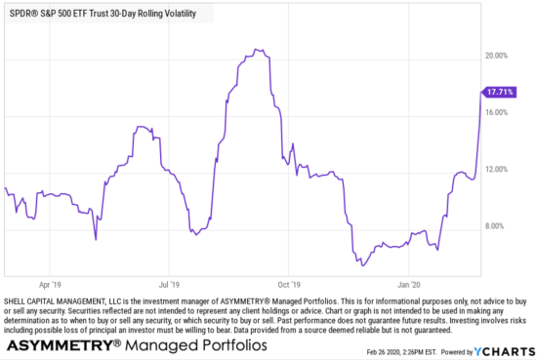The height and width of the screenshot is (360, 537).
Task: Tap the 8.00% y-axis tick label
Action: coord(500,226)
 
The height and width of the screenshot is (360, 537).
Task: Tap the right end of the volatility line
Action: coord(482,91)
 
